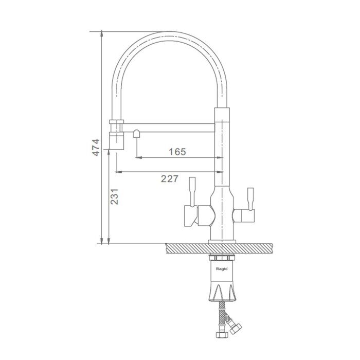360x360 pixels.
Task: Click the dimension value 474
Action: (96, 148)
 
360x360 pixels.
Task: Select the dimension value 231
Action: (114, 196)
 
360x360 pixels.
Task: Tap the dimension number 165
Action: (177, 152)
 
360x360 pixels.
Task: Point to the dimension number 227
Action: (169, 178)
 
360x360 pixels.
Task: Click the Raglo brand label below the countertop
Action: (222, 269)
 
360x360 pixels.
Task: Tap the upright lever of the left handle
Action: (192, 191)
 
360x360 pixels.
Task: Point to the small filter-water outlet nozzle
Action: (136, 134)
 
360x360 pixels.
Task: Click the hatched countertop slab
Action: (219, 248)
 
